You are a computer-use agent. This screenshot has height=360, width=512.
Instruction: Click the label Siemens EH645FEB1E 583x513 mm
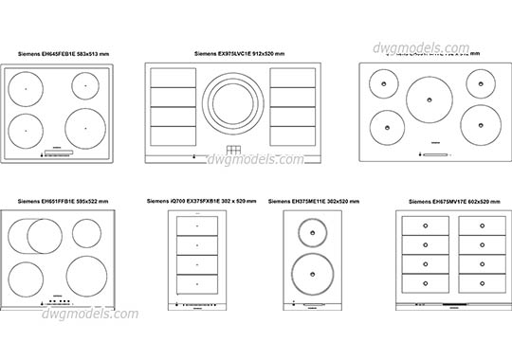point(62,56)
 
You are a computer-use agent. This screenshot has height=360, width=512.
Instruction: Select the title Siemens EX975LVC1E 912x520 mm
point(239,54)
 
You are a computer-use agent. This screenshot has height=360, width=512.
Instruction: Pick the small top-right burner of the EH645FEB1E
point(85,86)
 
